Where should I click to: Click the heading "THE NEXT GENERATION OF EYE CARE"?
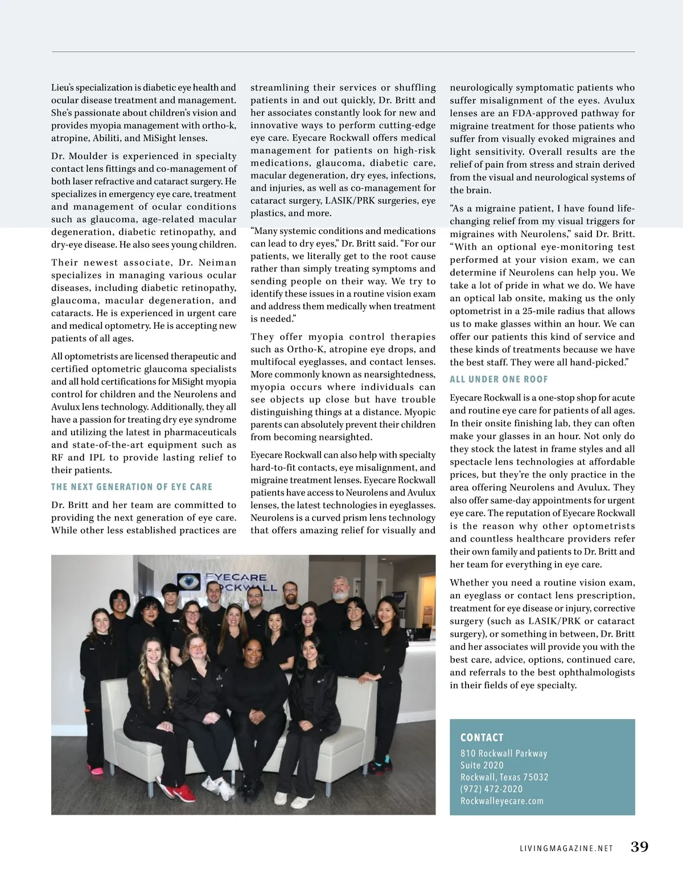[x=131, y=487]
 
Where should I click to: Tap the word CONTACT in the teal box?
[x=482, y=737]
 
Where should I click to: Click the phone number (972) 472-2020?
[x=491, y=789]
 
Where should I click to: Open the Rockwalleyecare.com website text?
[x=501, y=801]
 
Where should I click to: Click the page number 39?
[x=639, y=847]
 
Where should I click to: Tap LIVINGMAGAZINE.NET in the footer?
[x=566, y=848]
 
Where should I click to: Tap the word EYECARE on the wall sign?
[x=235, y=577]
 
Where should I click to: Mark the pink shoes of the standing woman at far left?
[x=97, y=770]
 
